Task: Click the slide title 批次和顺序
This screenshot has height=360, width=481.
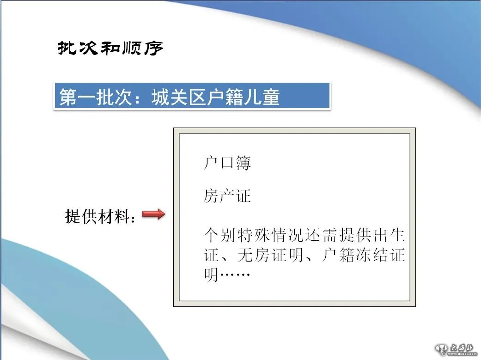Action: coord(110,48)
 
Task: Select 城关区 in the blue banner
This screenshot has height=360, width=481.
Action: coord(177,98)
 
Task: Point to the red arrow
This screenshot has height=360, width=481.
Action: coord(153,214)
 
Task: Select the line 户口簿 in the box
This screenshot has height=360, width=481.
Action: coord(227,163)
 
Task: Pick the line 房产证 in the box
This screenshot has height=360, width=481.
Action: coord(227,196)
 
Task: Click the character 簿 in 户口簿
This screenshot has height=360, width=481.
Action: coord(243,163)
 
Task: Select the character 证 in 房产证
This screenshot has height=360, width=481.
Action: coord(243,196)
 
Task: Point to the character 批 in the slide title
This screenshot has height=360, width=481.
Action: coord(67,48)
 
